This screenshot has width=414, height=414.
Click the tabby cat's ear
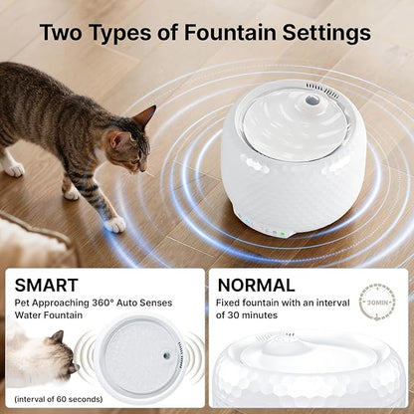[143, 116]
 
